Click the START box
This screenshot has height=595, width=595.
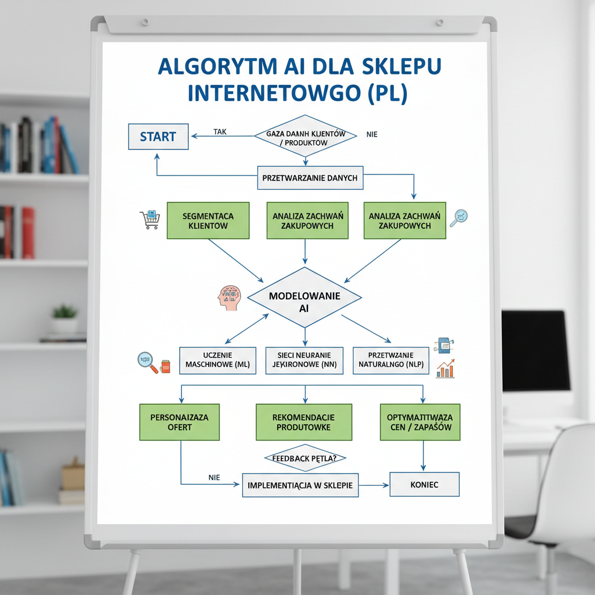point(158,137)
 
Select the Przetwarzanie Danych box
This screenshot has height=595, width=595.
point(310,178)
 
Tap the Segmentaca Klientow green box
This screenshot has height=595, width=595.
point(208,220)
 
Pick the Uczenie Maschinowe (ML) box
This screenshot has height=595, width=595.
point(217,360)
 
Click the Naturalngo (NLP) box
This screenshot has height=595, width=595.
point(391,360)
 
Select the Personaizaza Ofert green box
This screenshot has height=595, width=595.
point(180,422)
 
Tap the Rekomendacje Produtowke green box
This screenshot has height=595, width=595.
point(304,422)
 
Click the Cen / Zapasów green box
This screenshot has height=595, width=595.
point(420,422)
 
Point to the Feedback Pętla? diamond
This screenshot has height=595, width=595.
point(304,458)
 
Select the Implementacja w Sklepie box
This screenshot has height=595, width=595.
point(300,485)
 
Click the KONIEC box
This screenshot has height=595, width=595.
point(424,484)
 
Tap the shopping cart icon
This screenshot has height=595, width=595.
point(149,220)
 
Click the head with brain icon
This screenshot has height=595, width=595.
point(228,297)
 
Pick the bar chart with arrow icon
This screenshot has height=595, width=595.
point(445,368)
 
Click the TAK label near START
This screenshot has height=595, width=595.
point(220,132)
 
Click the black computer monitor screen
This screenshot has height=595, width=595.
point(535,350)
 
